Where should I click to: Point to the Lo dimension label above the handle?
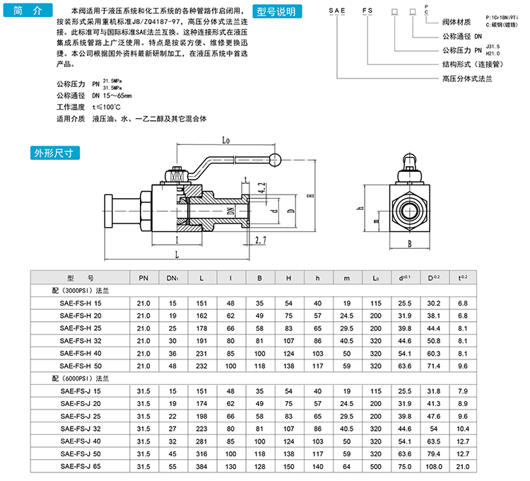point(226,140)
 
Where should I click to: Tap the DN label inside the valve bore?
point(231,211)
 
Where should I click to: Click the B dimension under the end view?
point(409,246)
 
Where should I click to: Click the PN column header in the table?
point(143,279)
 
